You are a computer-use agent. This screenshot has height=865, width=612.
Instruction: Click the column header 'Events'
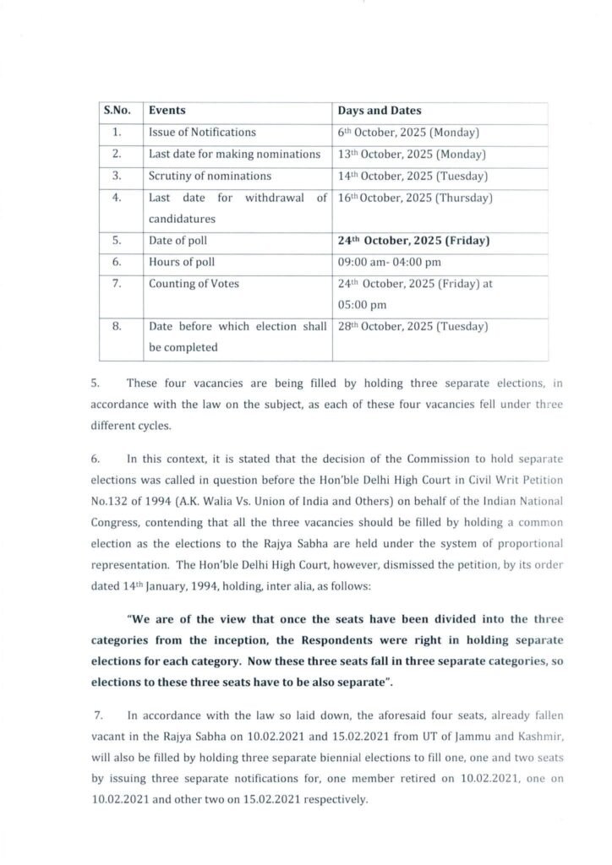167,111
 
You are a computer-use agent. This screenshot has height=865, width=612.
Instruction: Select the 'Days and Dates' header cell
380,111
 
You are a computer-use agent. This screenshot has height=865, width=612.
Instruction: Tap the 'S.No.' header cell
117,111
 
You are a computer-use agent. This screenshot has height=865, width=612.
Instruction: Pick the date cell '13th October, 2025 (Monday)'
410,155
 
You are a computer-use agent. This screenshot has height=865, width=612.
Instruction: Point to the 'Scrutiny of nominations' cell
210,177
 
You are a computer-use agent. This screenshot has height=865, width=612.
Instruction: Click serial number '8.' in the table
118,326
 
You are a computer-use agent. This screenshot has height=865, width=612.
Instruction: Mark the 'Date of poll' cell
176,241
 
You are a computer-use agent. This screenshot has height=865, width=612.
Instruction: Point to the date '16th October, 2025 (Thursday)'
414,199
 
